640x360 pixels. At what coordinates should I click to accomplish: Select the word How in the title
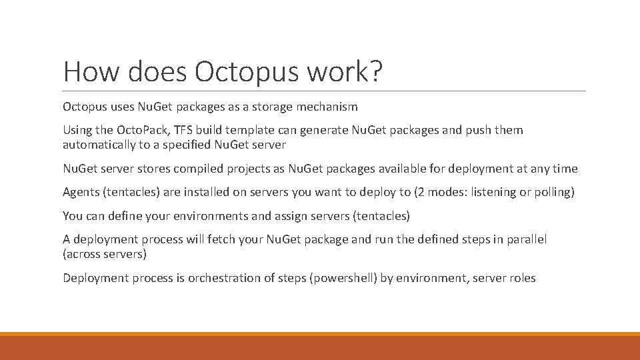coord(88,71)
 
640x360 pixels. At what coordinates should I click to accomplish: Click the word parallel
coord(525,239)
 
